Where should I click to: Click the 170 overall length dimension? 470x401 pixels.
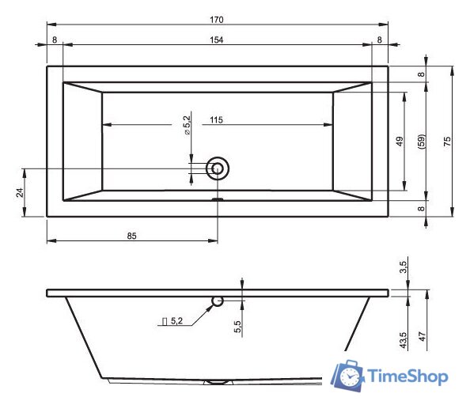coord(217,20)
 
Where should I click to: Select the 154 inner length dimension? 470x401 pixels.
coord(217,40)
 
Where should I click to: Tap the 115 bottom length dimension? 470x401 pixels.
coord(216,120)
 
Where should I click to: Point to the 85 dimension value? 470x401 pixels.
coord(131,236)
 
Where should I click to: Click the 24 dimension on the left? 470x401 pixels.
coord(20,192)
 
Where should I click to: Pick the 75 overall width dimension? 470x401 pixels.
coord(447,141)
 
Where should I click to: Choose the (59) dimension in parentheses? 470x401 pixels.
coord(421,142)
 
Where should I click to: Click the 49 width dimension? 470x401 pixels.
coord(400,141)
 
